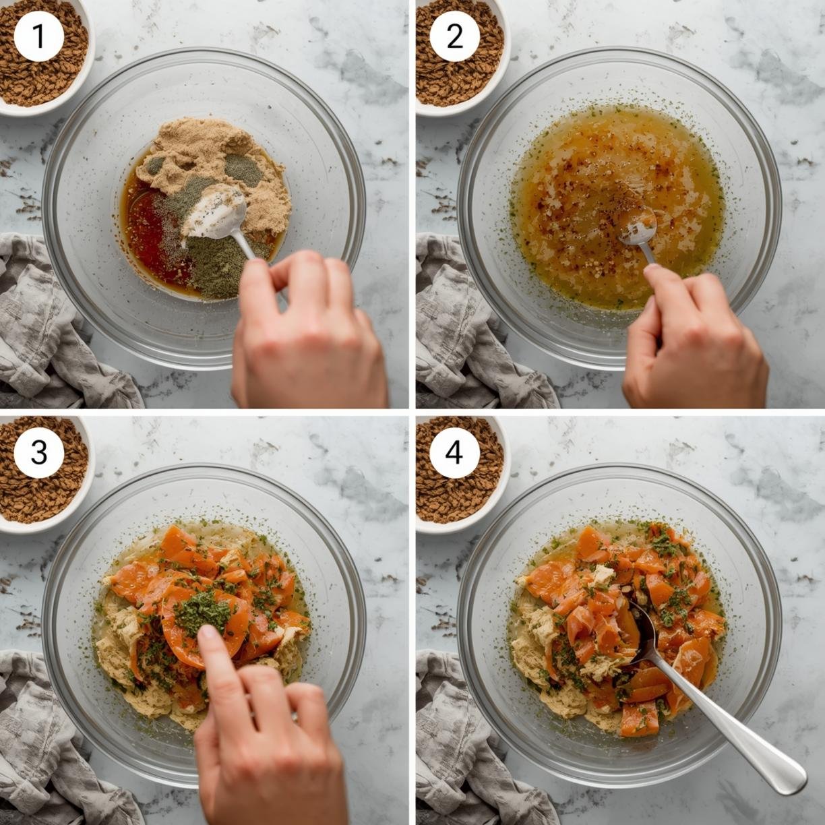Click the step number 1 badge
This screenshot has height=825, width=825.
pyautogui.click(x=39, y=37)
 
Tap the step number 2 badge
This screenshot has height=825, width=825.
pyautogui.click(x=454, y=37)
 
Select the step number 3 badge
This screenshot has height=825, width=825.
pyautogui.click(x=39, y=453)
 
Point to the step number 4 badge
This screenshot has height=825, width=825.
pyautogui.click(x=454, y=453)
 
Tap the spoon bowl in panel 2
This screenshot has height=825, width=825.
pyautogui.click(x=637, y=226)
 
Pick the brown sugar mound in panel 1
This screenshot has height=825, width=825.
pyautogui.click(x=214, y=167)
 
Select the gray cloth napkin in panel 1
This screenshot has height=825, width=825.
pyautogui.click(x=56, y=326)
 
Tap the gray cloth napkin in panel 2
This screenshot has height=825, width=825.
pyautogui.click(x=475, y=326)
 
